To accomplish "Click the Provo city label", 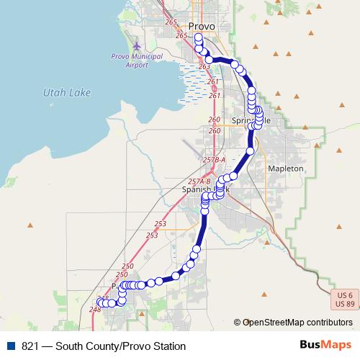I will point(201,26).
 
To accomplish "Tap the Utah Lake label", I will point(64,92).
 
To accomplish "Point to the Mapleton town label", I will point(286,168).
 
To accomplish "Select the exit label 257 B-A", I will point(215,159).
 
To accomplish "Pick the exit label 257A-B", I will point(199,181).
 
